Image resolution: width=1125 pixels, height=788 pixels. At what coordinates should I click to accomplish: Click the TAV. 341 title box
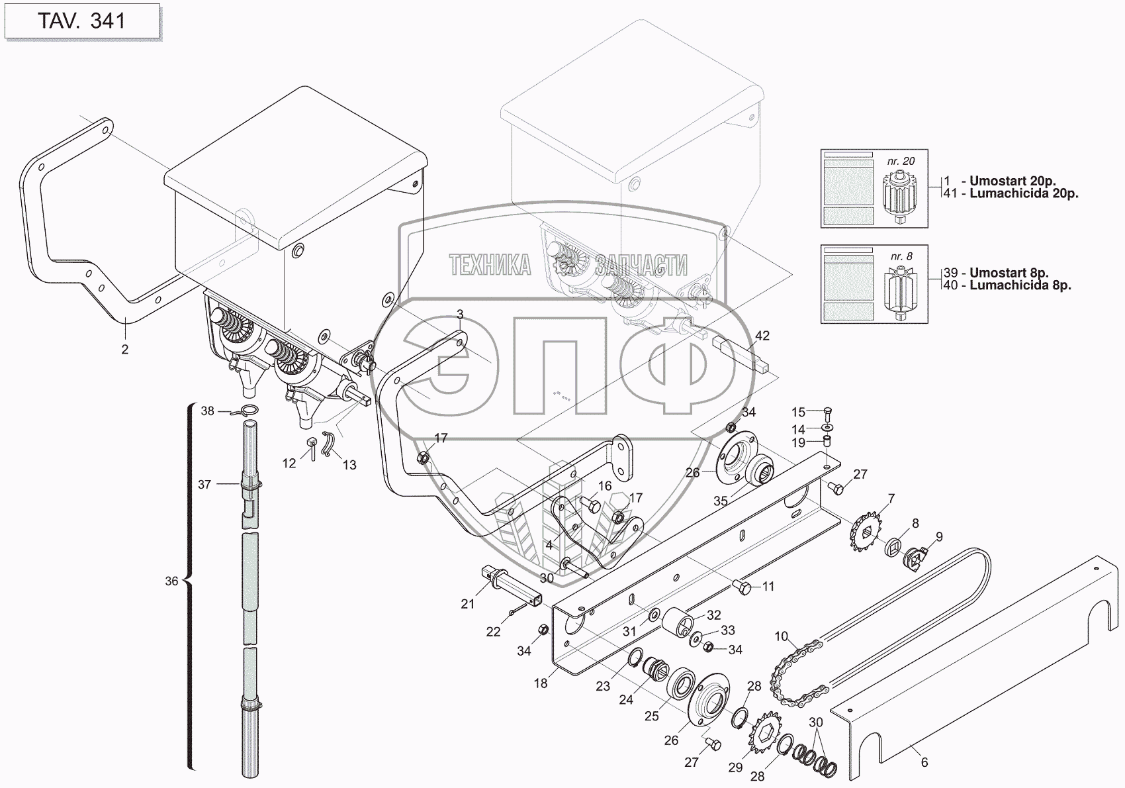pyautogui.click(x=81, y=21)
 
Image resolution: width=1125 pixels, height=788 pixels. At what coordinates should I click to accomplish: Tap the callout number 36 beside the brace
pyautogui.click(x=171, y=581)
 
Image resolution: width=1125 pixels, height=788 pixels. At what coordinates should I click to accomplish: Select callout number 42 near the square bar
pyautogui.click(x=762, y=336)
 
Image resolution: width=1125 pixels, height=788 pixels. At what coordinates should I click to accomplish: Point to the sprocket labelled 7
pyautogui.click(x=865, y=531)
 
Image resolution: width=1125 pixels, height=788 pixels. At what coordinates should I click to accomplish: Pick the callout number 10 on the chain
pyautogui.click(x=781, y=636)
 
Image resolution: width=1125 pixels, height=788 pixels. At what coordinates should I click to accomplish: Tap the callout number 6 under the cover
pyautogui.click(x=924, y=762)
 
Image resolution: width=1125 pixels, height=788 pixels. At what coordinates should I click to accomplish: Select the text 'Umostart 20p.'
pyautogui.click(x=1012, y=181)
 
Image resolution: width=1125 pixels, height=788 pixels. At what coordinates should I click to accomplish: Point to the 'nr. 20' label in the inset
pyautogui.click(x=901, y=161)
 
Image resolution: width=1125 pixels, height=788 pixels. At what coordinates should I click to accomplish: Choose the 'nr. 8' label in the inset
pyautogui.click(x=901, y=256)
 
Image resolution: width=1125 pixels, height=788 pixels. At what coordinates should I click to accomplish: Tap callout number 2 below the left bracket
pyautogui.click(x=125, y=349)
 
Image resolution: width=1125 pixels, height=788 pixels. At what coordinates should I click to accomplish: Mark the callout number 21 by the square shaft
pyautogui.click(x=468, y=604)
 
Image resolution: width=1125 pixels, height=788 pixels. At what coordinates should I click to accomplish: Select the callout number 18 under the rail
pyautogui.click(x=541, y=683)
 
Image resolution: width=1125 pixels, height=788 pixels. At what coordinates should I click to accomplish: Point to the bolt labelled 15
pyautogui.click(x=828, y=413)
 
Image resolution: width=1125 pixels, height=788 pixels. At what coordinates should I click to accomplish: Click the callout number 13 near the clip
pyautogui.click(x=349, y=465)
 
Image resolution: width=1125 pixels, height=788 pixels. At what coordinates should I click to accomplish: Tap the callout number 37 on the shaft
pyautogui.click(x=204, y=485)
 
